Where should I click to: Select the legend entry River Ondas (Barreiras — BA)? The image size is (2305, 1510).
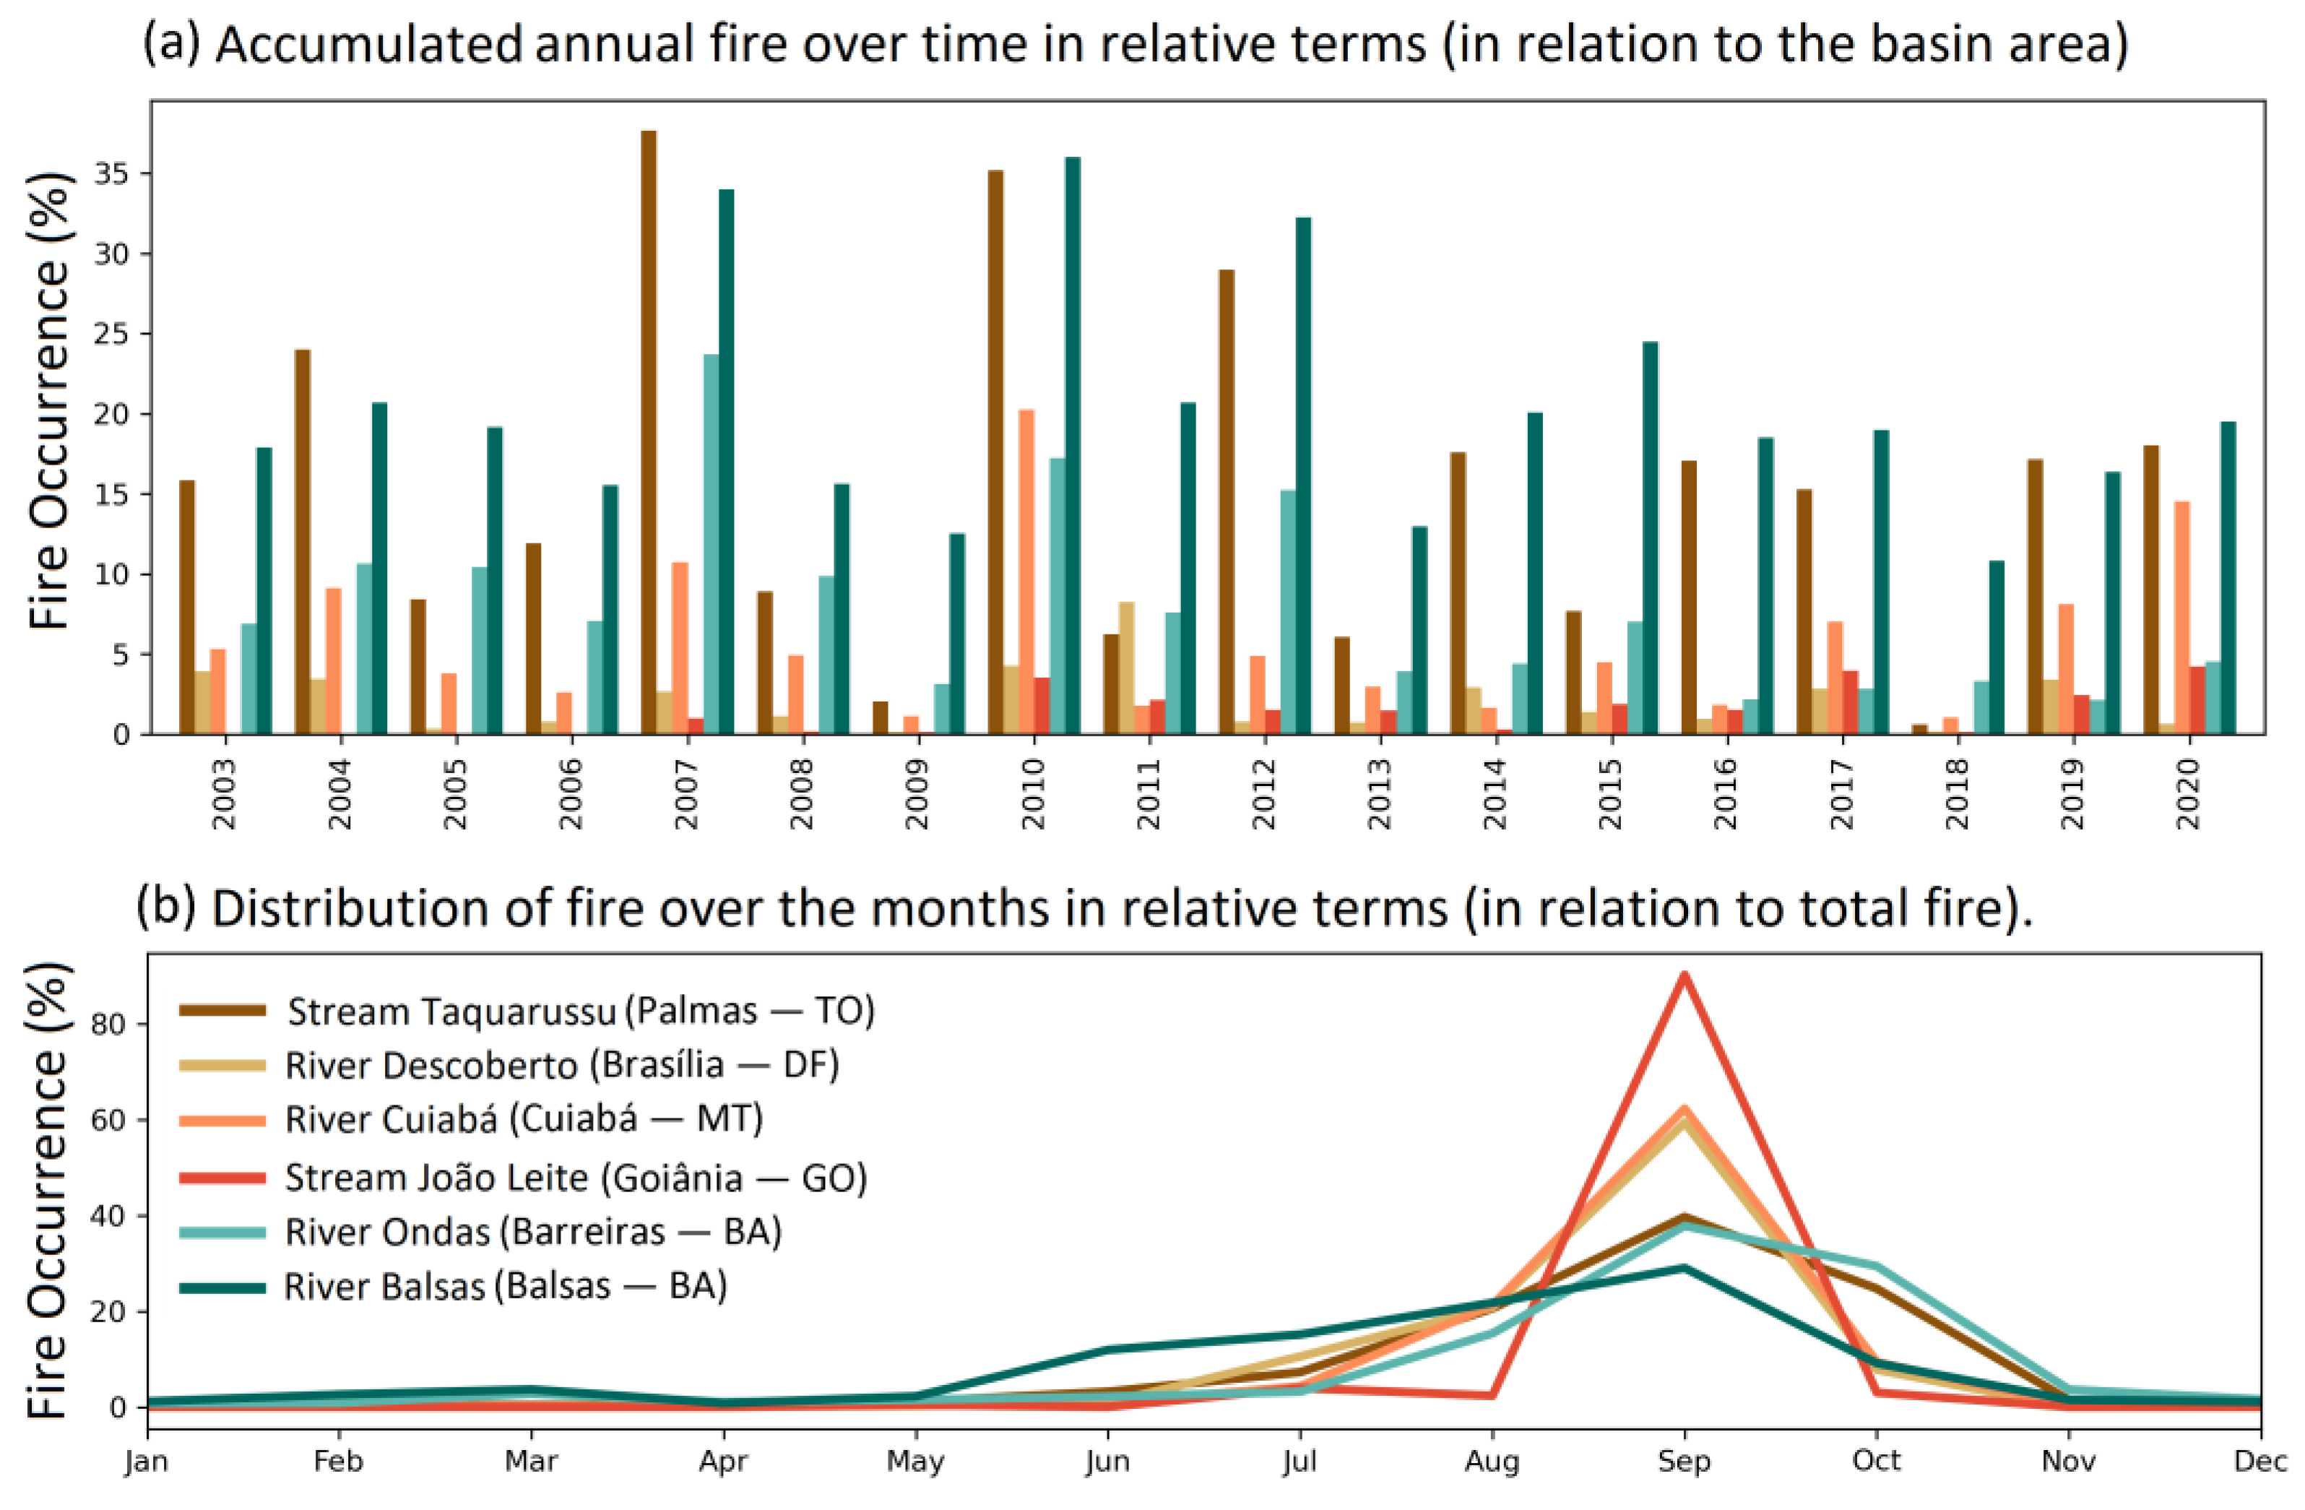pos(532,1232)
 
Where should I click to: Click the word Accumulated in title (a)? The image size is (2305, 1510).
pos(368,46)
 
